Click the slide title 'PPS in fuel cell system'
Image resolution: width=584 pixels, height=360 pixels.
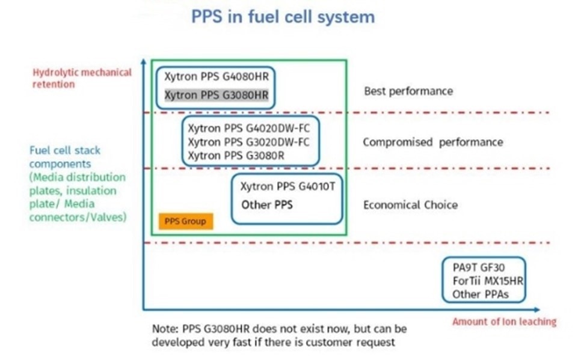[x=283, y=17]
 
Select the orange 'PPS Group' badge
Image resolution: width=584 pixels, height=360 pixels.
[x=186, y=221]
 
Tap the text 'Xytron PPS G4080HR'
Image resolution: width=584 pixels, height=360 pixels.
[x=217, y=77]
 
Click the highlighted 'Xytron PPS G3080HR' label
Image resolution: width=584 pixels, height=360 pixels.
[x=217, y=96]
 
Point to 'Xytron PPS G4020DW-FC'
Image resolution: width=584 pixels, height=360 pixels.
[x=248, y=129]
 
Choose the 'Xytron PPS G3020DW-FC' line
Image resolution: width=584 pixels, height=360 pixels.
[x=248, y=142]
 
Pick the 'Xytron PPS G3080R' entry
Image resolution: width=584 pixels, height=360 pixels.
[x=236, y=156]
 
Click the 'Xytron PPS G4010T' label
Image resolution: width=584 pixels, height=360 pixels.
[x=287, y=186]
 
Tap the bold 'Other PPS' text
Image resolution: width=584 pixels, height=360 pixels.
[x=266, y=205]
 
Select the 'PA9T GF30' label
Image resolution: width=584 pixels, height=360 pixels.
[x=479, y=267]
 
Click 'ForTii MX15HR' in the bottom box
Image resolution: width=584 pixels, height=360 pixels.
[x=488, y=281]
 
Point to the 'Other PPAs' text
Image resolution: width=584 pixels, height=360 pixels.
[x=481, y=294]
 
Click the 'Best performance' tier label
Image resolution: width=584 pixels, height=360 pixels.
[x=408, y=91]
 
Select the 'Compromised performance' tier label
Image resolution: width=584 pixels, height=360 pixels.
[x=433, y=142]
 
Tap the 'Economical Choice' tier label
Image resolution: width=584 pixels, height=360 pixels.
[x=410, y=205]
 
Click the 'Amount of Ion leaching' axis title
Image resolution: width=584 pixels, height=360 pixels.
[x=504, y=322]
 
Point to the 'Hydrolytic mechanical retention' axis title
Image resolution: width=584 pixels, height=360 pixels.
[x=82, y=78]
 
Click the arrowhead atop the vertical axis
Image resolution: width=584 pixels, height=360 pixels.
[x=143, y=61]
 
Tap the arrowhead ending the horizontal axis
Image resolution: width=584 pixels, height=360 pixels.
[x=536, y=310]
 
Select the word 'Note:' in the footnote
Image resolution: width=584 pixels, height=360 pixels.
[x=165, y=329]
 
